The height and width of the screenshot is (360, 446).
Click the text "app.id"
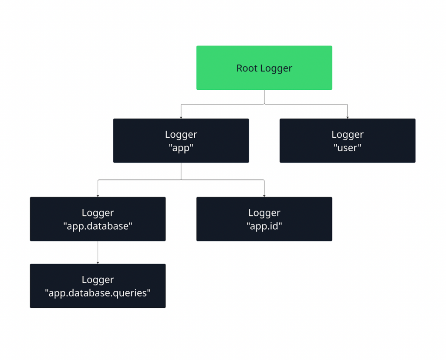264,226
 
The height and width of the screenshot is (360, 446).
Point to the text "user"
347,148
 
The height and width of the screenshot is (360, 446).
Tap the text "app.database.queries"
98,293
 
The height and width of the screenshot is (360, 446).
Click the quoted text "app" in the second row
181,148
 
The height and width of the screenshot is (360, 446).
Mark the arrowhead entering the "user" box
348,117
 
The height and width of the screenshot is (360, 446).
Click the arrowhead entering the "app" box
181,117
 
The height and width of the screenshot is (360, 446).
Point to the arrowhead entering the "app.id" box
264,195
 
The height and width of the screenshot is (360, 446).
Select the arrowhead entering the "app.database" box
98,195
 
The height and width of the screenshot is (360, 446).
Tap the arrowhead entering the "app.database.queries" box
98,262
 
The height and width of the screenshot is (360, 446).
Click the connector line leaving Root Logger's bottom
264,97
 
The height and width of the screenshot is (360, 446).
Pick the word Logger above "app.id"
264,213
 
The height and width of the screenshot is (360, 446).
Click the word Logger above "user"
347,135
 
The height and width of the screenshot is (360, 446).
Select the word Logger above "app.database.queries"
98,279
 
